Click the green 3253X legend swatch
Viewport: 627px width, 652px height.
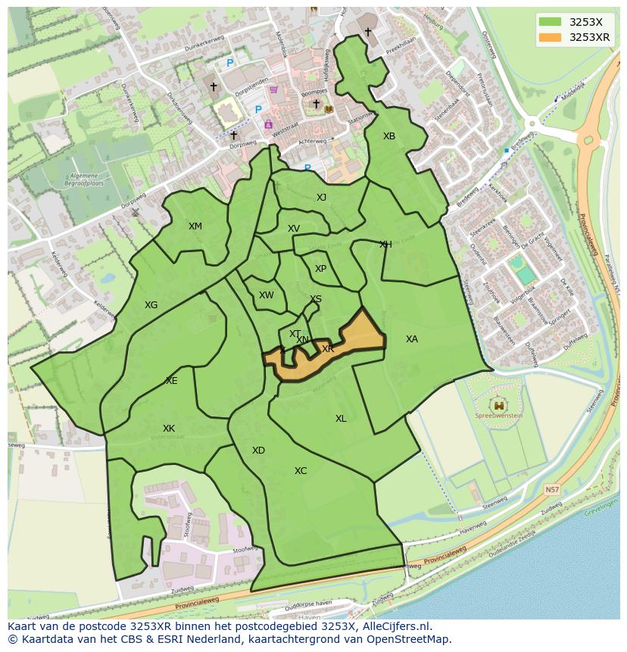(551, 22)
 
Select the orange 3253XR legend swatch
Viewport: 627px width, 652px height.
(551, 37)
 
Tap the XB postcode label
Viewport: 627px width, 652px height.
(388, 136)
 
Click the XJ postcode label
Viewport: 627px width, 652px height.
(321, 198)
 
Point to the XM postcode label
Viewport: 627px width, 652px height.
(195, 226)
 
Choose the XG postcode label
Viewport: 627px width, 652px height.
(151, 305)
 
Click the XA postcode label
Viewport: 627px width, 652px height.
(411, 339)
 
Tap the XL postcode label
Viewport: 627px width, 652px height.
(341, 419)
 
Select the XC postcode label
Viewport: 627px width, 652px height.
(301, 471)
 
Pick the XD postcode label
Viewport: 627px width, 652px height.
(258, 451)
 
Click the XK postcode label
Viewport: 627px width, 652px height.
(169, 429)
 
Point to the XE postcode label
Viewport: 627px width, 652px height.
(172, 381)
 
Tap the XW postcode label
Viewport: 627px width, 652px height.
(266, 295)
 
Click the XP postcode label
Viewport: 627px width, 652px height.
(320, 269)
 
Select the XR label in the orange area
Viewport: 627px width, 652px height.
(328, 349)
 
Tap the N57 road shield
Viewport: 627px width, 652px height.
(552, 490)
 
